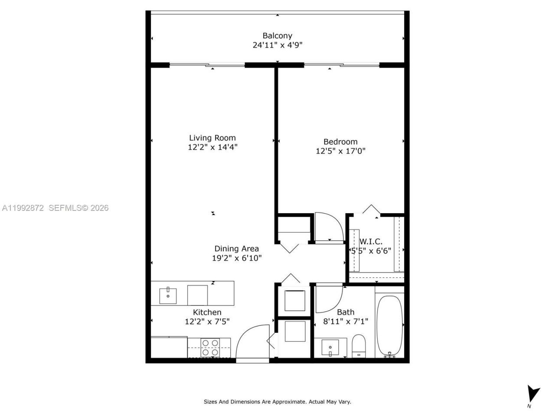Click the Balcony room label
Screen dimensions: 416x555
pyautogui.click(x=277, y=36)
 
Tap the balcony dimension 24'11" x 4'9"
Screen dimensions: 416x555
pyautogui.click(x=277, y=45)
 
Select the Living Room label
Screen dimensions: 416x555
pyautogui.click(x=212, y=138)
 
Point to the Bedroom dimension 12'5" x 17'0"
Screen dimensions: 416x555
pyautogui.click(x=340, y=151)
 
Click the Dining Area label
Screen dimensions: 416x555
pyautogui.click(x=236, y=248)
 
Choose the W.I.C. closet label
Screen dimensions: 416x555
pyautogui.click(x=371, y=241)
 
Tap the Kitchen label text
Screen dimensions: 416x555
pyautogui.click(x=207, y=312)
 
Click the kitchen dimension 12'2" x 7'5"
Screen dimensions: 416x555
pyautogui.click(x=207, y=321)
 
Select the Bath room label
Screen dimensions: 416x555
pyautogui.click(x=346, y=312)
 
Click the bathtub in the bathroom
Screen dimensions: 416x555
pyautogui.click(x=389, y=325)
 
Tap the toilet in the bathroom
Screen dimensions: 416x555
pyautogui.click(x=359, y=345)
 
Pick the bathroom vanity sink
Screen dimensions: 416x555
pyautogui.click(x=331, y=347)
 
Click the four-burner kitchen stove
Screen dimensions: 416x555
pyautogui.click(x=210, y=348)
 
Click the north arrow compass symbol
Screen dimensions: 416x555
pyautogui.click(x=533, y=394)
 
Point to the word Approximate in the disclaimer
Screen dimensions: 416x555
pyautogui.click(x=288, y=402)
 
